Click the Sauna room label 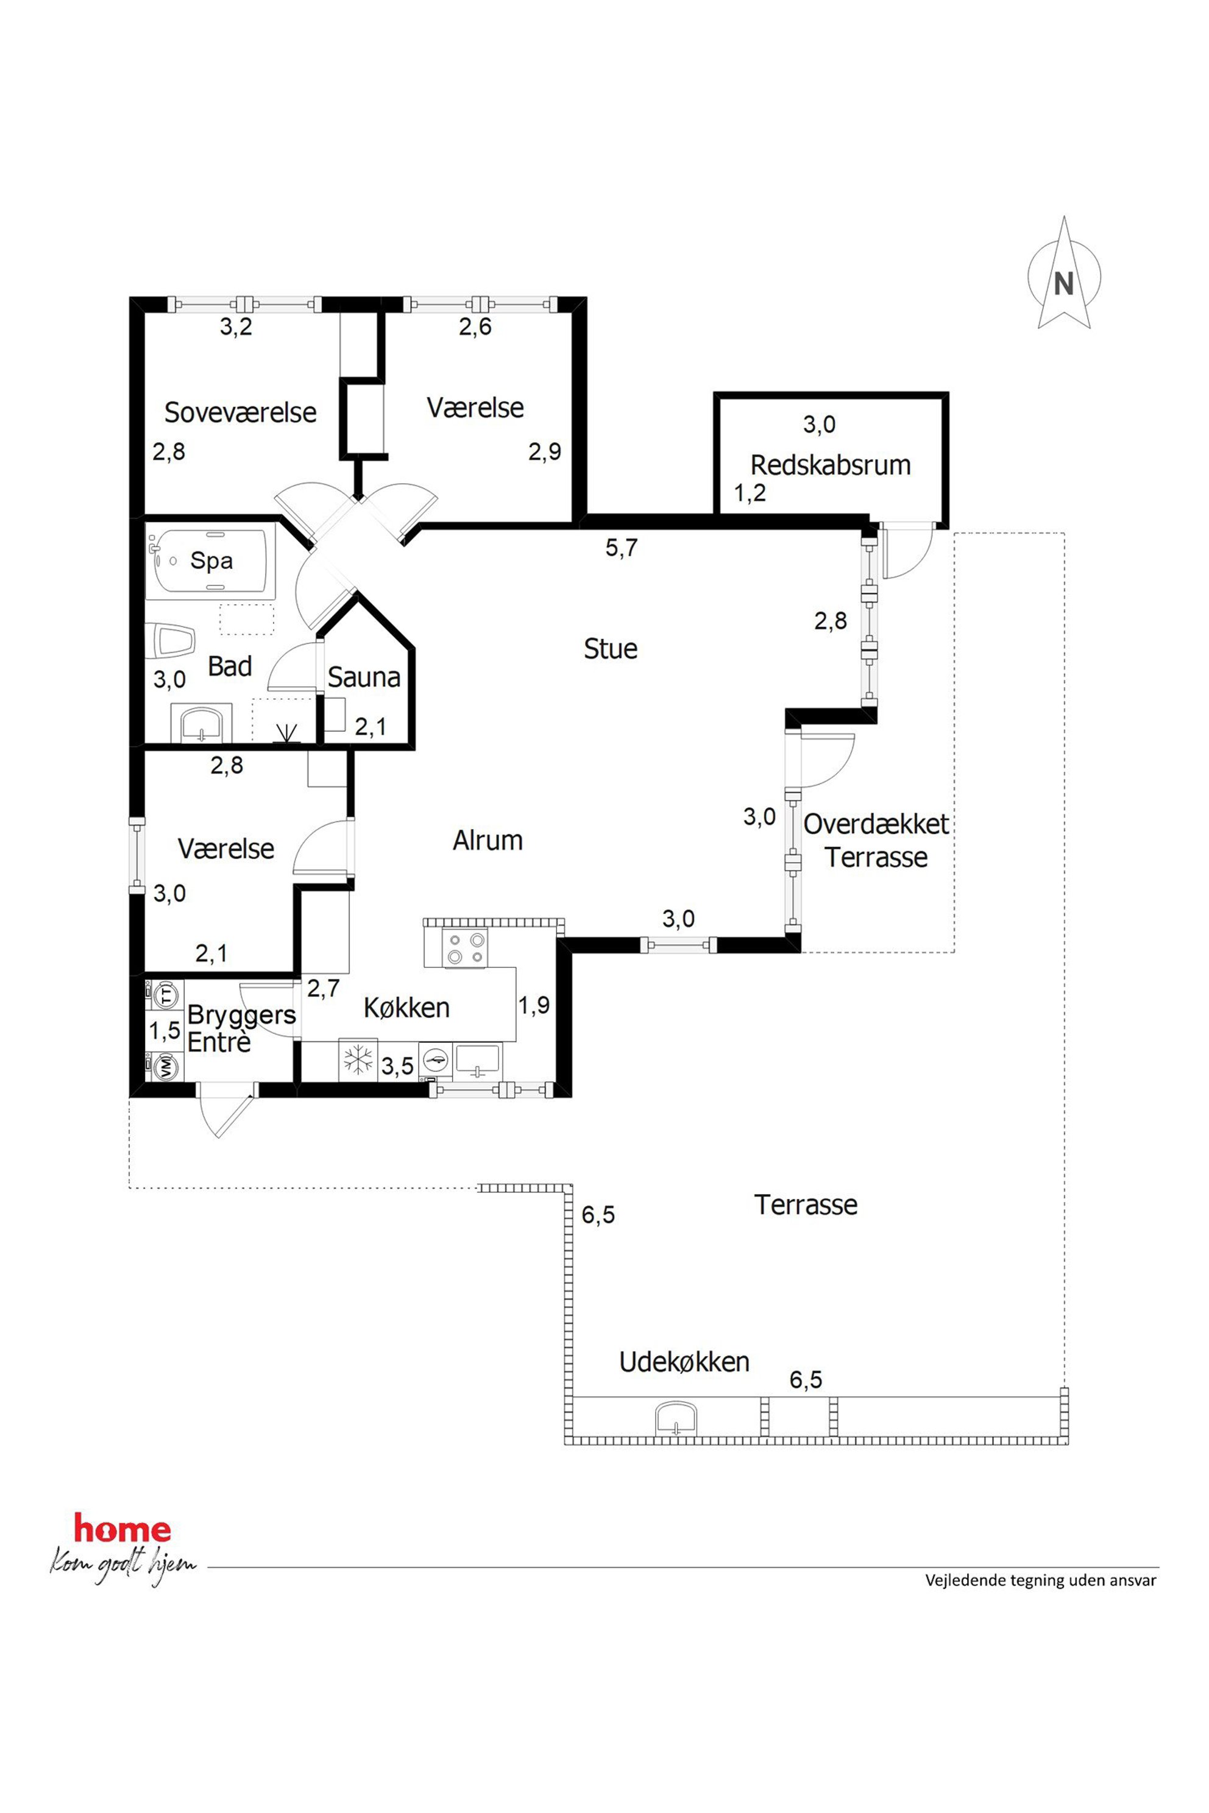tap(364, 677)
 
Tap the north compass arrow tap(1064, 273)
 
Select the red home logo tap(122, 1529)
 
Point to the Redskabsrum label tap(831, 465)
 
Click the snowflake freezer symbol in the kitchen tap(358, 1060)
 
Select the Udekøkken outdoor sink tap(676, 1419)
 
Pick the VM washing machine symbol tap(166, 1067)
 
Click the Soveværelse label tap(241, 412)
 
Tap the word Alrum tap(487, 839)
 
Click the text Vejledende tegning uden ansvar tap(1041, 1580)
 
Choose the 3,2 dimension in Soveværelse tap(236, 327)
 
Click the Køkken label tap(406, 1008)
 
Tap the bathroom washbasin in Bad tap(201, 724)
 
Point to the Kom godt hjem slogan tap(123, 1565)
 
